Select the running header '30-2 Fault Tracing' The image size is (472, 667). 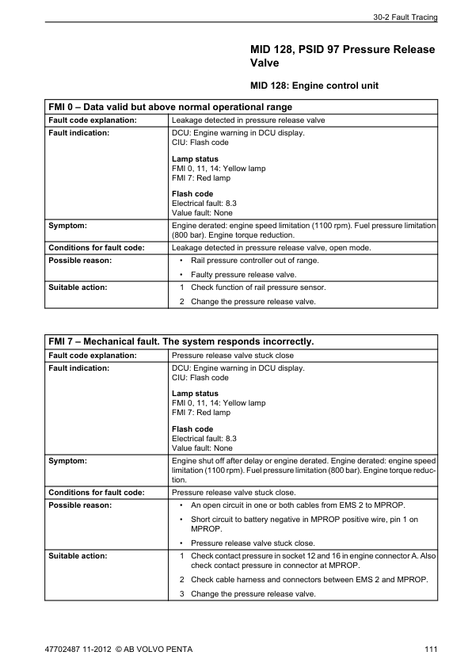tap(404, 17)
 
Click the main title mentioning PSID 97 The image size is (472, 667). tap(342, 56)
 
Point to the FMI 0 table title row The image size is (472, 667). tap(169, 107)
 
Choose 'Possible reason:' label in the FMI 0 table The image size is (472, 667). tap(80, 260)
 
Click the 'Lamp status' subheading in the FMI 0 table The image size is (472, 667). tap(195, 159)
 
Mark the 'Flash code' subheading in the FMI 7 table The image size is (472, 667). tap(192, 429)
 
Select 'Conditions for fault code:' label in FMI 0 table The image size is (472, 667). tap(97, 247)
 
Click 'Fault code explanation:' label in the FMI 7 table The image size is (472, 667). tap(93, 356)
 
